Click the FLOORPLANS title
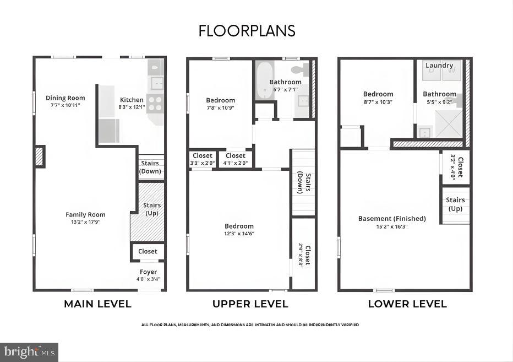coord(247,31)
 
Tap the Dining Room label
coord(66,98)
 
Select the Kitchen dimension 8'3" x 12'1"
coord(132,107)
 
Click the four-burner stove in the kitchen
coord(155,104)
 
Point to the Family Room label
coord(85,214)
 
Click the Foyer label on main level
coord(148,272)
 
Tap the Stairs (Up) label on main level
coord(152,209)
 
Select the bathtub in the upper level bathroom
coord(264,80)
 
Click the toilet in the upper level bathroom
coord(300,69)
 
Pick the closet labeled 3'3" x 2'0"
coord(202,159)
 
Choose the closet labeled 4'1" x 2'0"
coord(235,159)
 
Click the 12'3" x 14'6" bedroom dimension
coord(239,234)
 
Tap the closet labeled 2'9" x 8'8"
coord(303,254)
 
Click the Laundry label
coord(439,65)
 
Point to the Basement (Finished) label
coord(392,219)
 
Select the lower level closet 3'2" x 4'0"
coord(456,167)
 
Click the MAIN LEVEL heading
coord(97,304)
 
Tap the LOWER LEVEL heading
coord(407,304)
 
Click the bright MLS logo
coord(29,352)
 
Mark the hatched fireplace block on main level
coord(39,157)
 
